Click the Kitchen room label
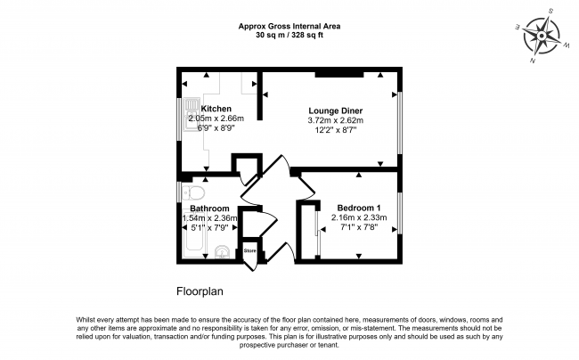point(216,109)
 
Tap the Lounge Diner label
point(336,110)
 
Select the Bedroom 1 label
point(359,208)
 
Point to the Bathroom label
point(209,209)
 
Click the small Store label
point(250,250)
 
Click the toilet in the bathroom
point(193,192)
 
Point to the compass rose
point(542,36)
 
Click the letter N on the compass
point(533,61)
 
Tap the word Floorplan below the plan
point(200,291)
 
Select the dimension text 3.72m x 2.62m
point(336,120)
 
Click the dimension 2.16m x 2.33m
point(359,217)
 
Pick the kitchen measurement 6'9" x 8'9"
point(216,128)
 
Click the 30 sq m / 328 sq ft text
point(289,36)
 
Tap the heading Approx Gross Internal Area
point(289,26)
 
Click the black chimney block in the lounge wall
point(339,75)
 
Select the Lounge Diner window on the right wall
point(400,122)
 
